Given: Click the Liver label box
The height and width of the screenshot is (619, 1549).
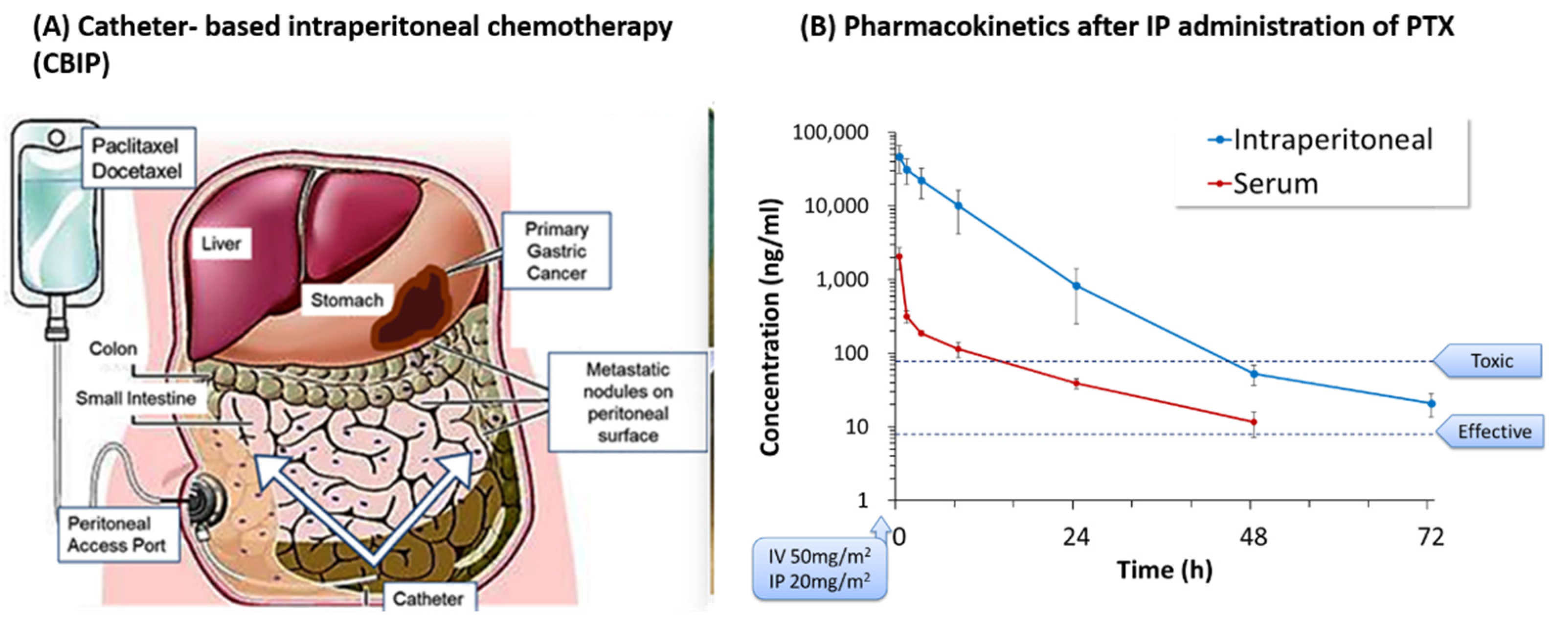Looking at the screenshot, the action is (x=221, y=244).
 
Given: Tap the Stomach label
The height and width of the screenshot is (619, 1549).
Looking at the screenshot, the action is (x=346, y=299).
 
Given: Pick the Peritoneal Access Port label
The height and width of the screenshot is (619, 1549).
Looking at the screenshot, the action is (x=118, y=534).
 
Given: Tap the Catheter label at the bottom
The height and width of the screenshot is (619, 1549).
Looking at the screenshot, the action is (x=428, y=598).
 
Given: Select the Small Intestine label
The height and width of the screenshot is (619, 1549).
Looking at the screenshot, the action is (x=136, y=398).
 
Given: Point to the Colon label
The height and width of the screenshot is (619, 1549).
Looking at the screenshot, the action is (x=112, y=349).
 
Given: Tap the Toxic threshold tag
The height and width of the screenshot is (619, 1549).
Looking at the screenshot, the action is (x=1488, y=361).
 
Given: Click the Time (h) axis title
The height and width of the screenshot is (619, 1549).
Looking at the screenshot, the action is (x=1164, y=570).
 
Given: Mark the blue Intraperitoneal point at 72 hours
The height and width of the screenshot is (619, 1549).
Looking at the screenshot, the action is (x=1431, y=404).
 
